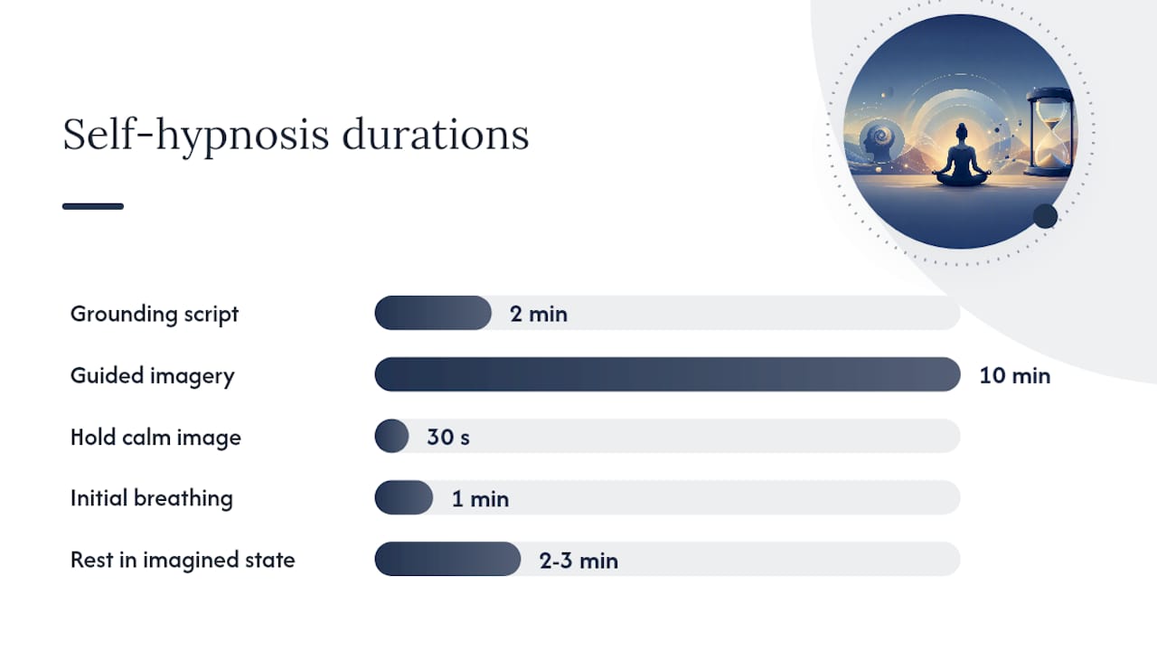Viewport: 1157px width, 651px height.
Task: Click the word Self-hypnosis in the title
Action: point(196,136)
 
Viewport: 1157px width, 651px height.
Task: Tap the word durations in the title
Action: point(436,135)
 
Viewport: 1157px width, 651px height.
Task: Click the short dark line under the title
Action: point(93,206)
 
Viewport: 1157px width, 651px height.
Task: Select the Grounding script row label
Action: point(155,314)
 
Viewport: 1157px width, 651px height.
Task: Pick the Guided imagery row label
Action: point(153,375)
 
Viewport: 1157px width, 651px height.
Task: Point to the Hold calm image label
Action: point(155,437)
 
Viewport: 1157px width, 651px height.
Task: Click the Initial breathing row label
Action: point(152,498)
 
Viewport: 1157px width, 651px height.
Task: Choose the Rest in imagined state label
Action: point(183,560)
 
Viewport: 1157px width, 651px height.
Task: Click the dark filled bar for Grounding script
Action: point(433,313)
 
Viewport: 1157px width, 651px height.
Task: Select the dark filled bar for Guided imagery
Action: point(667,374)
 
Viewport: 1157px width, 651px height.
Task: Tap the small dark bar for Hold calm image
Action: point(391,436)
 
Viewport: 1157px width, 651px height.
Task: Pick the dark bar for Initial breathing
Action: point(404,497)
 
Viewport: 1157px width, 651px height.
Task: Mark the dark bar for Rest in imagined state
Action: point(447,559)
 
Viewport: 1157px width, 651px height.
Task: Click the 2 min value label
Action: point(539,314)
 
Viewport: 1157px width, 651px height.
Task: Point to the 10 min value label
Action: point(1015,375)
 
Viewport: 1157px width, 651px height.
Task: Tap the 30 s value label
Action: point(448,437)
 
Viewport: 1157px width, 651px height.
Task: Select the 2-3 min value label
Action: point(578,561)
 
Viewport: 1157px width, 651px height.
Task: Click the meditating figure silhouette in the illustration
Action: point(961,157)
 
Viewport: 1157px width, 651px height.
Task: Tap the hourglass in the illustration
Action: point(1049,132)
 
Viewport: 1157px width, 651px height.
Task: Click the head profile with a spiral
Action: point(880,142)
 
